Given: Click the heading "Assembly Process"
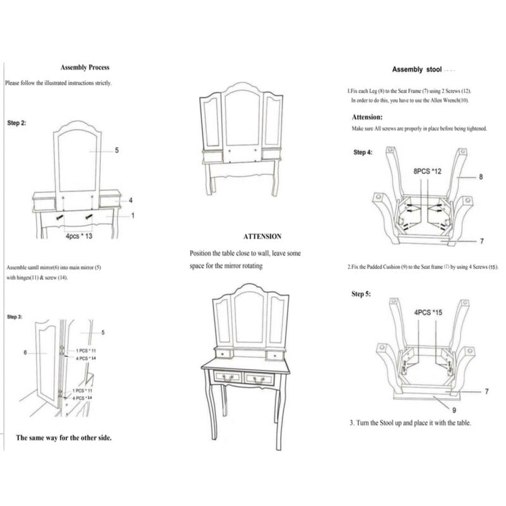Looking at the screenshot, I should [85, 68].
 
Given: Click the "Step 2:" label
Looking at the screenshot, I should [17, 123].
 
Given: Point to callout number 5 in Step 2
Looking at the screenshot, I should [117, 151].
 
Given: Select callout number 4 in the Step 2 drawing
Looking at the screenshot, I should [131, 200].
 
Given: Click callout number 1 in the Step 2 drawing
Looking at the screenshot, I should [133, 215].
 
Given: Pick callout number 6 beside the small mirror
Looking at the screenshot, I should [25, 352].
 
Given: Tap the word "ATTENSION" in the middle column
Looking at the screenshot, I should [262, 236].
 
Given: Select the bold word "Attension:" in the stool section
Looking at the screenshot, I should [367, 117].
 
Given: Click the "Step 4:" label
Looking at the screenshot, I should [363, 152].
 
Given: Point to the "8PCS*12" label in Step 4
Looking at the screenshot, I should [426, 171].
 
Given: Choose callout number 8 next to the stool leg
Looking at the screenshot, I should [481, 177].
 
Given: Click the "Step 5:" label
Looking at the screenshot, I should [362, 295].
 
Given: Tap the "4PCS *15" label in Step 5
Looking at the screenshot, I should [428, 312].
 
